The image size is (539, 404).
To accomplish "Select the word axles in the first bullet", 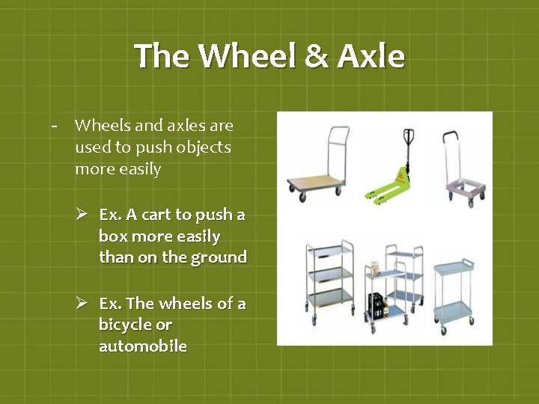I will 179,126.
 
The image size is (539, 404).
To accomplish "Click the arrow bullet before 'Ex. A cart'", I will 83,215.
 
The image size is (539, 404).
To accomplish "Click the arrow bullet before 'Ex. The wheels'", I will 83,303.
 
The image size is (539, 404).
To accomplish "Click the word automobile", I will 143,346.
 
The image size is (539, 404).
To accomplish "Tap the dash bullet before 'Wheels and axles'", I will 55,126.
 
